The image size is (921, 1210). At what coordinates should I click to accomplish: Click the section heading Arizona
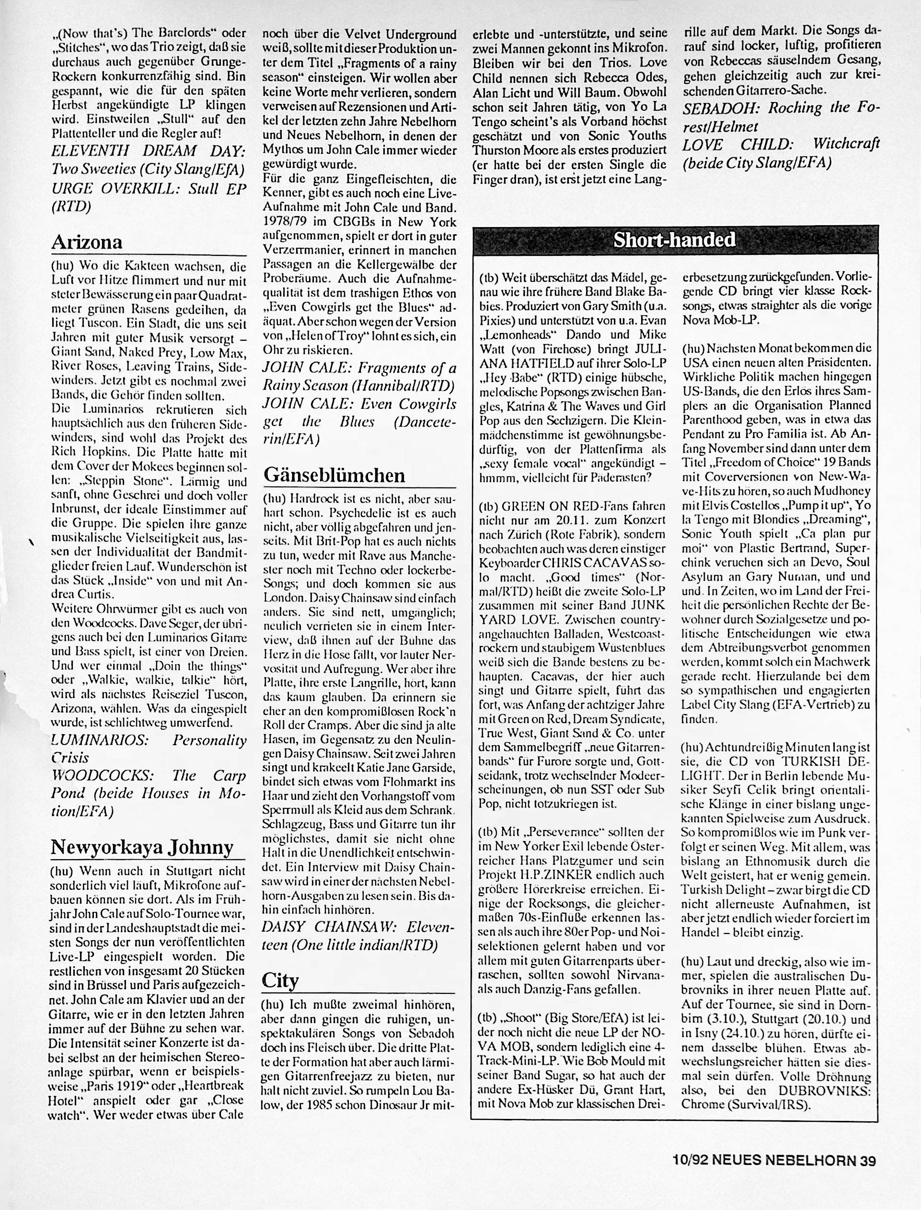86,242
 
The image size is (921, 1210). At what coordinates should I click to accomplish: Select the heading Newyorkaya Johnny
141,847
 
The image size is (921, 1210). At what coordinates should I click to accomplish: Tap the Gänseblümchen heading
334,475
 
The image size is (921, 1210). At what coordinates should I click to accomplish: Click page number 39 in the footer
868,1172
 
